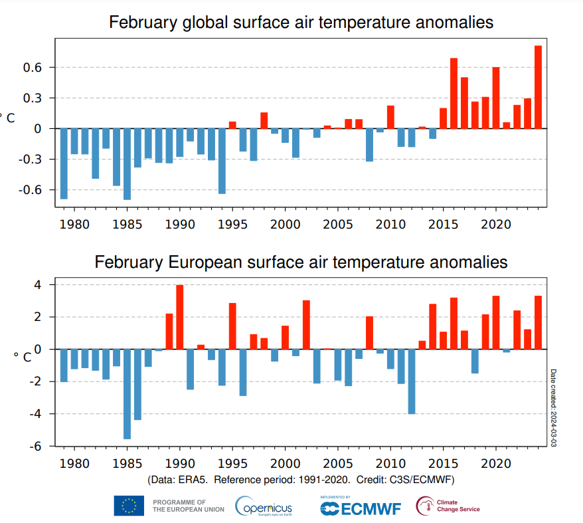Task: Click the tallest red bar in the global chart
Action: (538, 87)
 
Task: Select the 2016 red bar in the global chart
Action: (454, 94)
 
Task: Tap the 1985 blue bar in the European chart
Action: (127, 393)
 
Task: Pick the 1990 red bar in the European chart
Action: (179, 317)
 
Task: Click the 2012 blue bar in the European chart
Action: (412, 381)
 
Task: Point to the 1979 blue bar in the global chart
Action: (64, 163)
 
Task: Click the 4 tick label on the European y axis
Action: (39, 285)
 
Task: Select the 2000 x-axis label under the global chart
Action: (285, 225)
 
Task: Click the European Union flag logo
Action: (129, 506)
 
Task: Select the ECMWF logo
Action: (361, 508)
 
